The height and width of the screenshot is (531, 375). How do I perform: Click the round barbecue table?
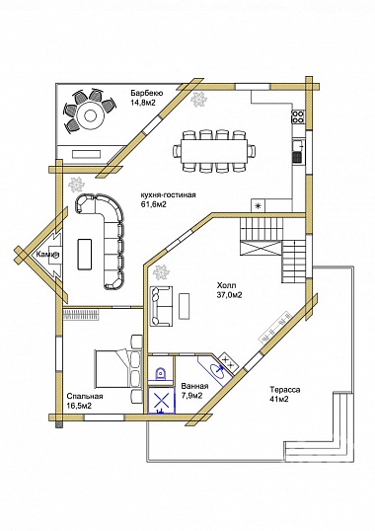click(90, 115)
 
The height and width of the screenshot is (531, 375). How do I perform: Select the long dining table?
click(214, 151)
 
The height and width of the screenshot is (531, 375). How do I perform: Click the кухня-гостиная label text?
click(168, 195)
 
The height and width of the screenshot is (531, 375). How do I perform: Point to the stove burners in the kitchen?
click(298, 116)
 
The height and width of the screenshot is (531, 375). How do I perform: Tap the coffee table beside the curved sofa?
click(85, 254)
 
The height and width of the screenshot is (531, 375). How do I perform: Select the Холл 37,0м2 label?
click(229, 290)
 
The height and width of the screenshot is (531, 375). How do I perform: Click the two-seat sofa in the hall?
click(162, 307)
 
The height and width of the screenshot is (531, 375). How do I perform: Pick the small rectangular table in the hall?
click(185, 307)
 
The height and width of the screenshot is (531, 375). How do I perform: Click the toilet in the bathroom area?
click(161, 373)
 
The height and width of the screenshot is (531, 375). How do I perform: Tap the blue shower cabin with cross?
click(162, 401)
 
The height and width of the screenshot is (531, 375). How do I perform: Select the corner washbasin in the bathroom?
click(217, 370)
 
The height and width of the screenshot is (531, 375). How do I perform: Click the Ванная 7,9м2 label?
click(194, 391)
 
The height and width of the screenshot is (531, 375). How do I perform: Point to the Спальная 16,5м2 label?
click(85, 401)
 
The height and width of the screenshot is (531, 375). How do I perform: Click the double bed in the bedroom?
click(117, 368)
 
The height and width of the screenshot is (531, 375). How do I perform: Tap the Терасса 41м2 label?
click(284, 394)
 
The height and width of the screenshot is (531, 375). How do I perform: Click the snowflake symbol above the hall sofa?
click(161, 272)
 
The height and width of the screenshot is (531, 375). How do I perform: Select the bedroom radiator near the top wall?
click(82, 315)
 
